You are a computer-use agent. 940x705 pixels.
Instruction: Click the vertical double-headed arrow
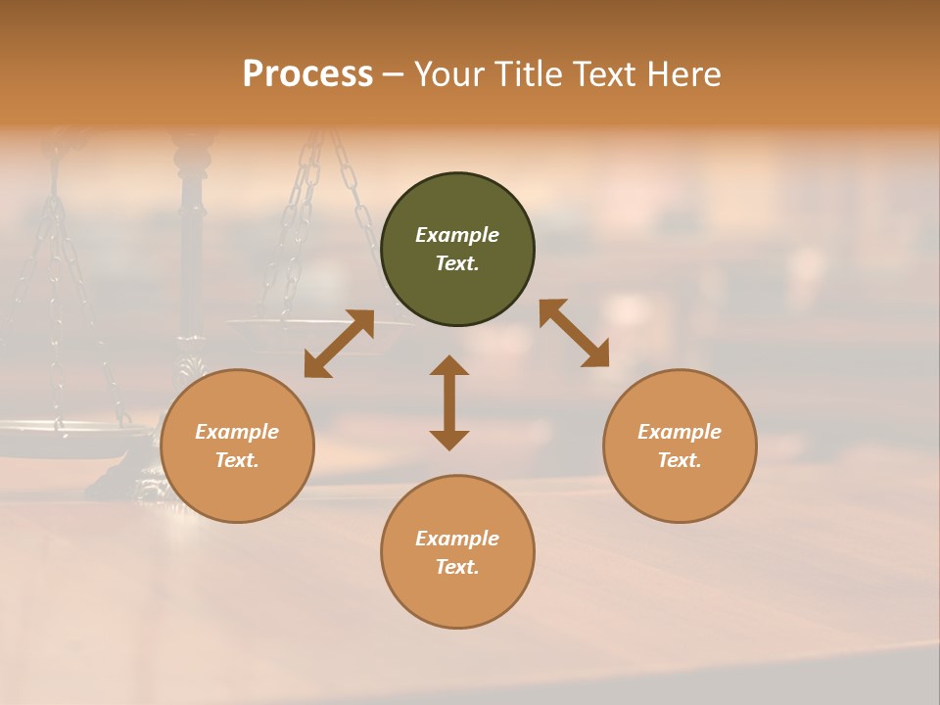(449, 402)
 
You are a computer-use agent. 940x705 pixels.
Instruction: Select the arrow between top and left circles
(339, 344)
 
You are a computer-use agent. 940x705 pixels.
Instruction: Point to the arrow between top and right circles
(574, 333)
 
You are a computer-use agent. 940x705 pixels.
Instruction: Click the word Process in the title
(307, 74)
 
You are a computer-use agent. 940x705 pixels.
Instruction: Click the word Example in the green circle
(457, 235)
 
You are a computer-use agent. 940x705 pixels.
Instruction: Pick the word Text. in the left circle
(237, 460)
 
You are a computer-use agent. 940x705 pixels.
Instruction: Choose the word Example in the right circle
(680, 432)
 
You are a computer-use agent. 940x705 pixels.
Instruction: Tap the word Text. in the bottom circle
(457, 567)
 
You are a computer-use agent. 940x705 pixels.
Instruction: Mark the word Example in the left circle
(237, 432)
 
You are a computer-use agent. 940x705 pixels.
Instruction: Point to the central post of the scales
(191, 245)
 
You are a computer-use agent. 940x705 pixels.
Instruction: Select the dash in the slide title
(393, 74)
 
